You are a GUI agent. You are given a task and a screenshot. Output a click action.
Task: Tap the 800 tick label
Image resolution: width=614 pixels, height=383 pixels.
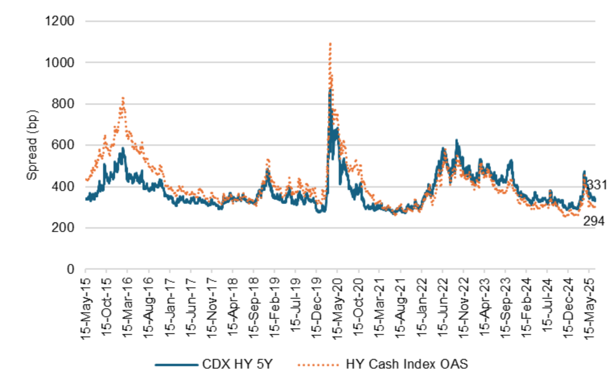(63, 104)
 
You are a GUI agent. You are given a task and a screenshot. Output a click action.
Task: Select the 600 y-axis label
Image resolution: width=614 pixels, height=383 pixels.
(63, 145)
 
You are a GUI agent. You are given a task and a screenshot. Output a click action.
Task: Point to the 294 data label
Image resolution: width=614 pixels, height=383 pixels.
(594, 222)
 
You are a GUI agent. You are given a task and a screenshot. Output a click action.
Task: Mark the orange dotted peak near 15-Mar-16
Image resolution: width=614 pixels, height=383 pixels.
(123, 98)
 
